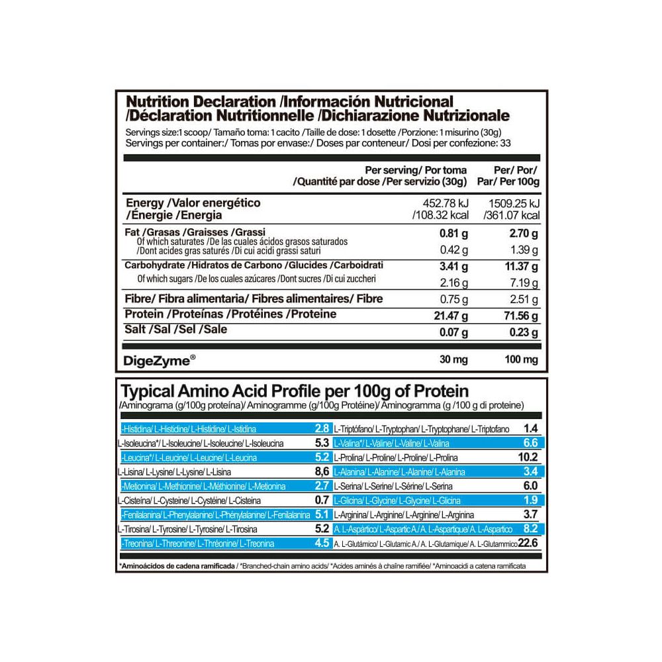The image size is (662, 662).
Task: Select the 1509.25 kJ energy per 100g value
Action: tap(513, 203)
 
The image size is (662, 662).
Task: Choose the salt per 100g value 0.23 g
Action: tap(522, 331)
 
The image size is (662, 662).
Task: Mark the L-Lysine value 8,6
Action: tap(321, 472)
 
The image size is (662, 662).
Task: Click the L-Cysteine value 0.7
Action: tap(322, 500)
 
